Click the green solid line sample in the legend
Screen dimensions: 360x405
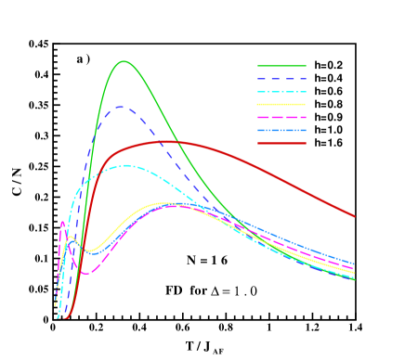tap(281, 66)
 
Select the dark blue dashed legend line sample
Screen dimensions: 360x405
tap(281, 79)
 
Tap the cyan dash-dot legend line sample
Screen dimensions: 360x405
tap(281, 92)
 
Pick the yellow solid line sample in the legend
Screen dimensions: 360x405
tap(281, 105)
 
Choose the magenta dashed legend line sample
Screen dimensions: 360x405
tap(281, 118)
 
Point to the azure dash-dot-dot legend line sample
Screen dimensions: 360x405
tap(281, 131)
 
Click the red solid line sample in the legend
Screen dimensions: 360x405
tap(281, 143)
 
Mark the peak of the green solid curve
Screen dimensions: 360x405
tap(124, 61)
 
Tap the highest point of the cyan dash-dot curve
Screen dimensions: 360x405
tap(126, 166)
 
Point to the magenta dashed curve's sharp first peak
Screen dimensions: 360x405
tap(62, 222)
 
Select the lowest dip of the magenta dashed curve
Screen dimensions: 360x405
tap(85, 273)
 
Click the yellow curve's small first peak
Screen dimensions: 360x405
tap(71, 238)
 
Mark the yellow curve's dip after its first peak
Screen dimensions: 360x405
tap(88, 251)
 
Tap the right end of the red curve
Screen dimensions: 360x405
tap(355, 216)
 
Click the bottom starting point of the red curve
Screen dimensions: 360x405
tap(65, 318)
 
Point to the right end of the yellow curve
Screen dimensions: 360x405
tap(355, 272)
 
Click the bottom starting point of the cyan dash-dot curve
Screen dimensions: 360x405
tap(58, 317)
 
